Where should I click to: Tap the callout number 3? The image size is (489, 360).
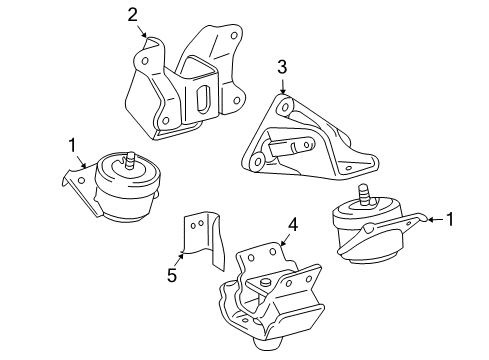(x=282, y=66)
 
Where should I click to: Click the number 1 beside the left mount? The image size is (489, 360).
(x=72, y=147)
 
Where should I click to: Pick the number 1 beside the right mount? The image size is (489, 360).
(x=449, y=219)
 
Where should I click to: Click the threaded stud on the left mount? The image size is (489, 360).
(x=131, y=158)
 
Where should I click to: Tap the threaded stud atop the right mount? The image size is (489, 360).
(x=364, y=193)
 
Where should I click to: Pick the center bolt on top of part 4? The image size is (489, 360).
(x=266, y=284)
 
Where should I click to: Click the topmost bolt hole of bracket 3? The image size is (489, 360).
(x=287, y=106)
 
